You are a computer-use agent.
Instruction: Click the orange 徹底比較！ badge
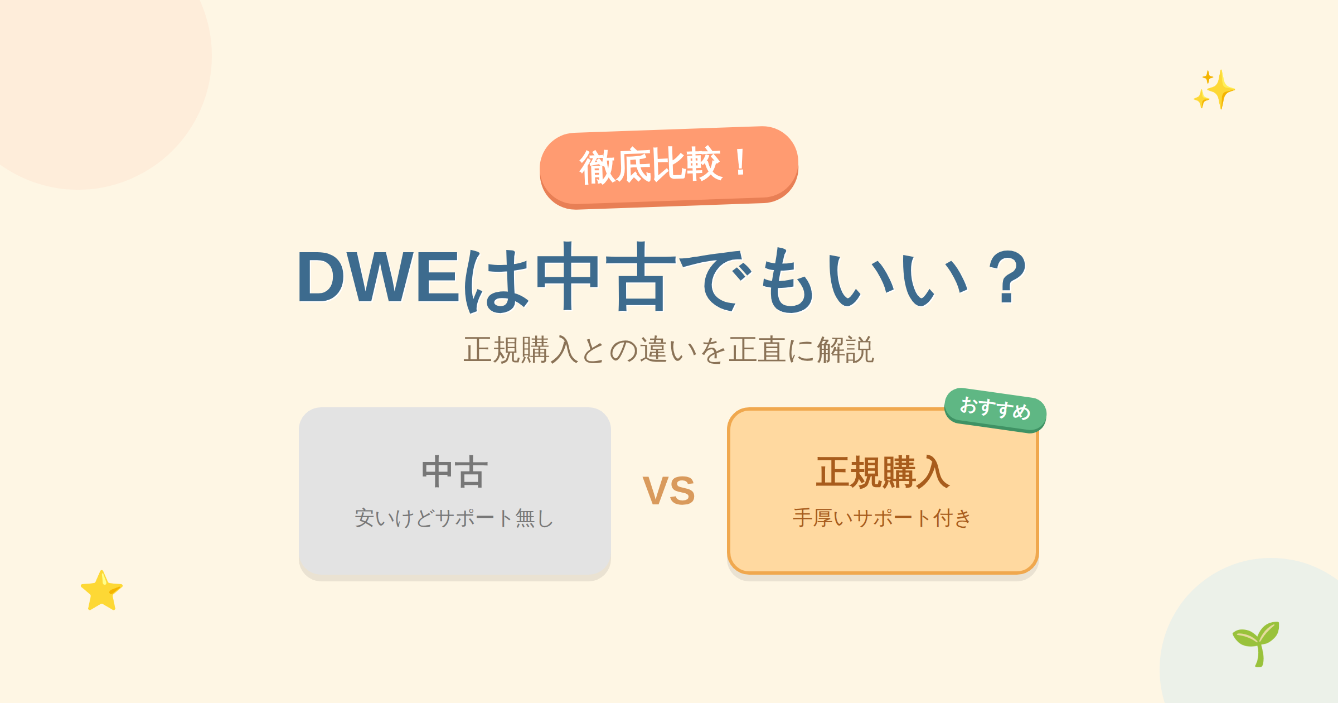click(x=669, y=167)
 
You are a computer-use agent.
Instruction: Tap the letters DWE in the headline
click(x=379, y=277)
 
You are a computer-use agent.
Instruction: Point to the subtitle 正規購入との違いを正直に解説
click(x=669, y=350)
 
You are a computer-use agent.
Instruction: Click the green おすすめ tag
click(x=995, y=410)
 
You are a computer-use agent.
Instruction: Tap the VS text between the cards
click(x=669, y=491)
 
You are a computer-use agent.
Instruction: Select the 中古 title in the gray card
click(x=455, y=472)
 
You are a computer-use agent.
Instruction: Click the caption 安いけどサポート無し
click(x=454, y=518)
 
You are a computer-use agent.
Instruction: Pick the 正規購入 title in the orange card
click(x=883, y=472)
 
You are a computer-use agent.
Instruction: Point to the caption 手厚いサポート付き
click(x=883, y=518)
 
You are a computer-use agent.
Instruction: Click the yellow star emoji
click(x=101, y=590)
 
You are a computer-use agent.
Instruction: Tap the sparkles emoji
click(x=1214, y=89)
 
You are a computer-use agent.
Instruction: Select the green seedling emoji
click(x=1256, y=644)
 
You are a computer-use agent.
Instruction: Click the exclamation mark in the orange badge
click(x=740, y=163)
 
